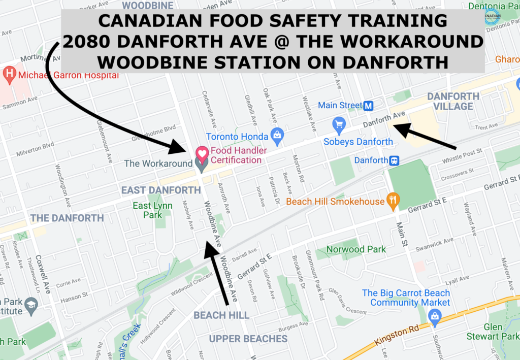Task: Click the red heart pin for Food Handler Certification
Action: tap(202, 152)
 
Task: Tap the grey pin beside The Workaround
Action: tap(202, 164)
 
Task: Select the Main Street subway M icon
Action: tap(369, 106)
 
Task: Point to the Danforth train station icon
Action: tap(393, 160)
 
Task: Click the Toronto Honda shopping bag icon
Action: tap(277, 135)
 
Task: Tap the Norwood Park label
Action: tap(356, 249)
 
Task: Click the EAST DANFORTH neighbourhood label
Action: tap(161, 190)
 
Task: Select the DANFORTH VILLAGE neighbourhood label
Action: tap(453, 101)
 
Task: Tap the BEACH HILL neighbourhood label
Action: tap(221, 315)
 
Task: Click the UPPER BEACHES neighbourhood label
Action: tap(248, 339)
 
